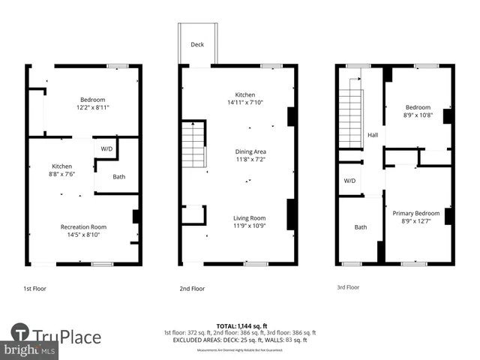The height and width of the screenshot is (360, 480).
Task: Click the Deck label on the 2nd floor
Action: point(197,45)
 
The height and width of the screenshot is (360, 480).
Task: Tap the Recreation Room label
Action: point(83,226)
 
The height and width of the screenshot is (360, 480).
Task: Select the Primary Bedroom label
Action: point(416,213)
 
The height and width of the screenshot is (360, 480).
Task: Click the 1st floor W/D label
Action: point(106,148)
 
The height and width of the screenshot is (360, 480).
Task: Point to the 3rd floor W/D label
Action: point(349,181)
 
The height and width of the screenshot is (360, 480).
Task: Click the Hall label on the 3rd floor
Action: point(372,135)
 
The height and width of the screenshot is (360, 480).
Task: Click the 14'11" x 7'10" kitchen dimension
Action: point(245,103)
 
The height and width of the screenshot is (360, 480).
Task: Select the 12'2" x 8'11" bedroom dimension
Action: point(93,108)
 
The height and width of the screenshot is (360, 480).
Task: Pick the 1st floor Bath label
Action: point(119,177)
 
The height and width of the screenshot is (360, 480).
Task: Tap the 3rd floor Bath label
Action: point(361,226)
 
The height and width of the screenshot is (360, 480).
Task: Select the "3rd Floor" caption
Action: point(347,286)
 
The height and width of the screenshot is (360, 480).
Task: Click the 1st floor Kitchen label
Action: point(61,166)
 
